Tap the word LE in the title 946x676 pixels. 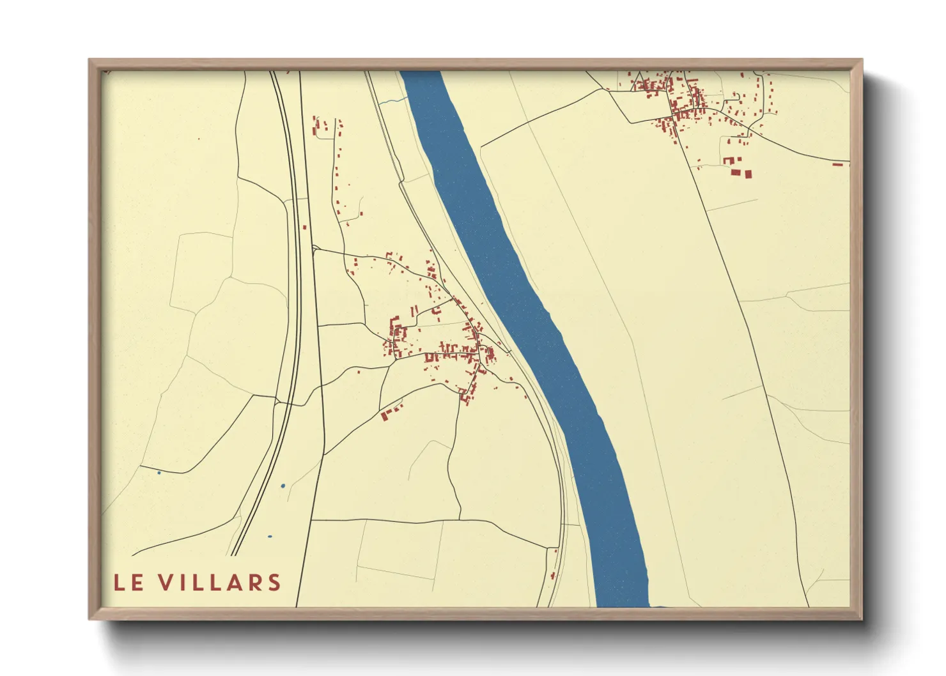coord(128,583)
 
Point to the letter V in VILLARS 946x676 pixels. coord(165,583)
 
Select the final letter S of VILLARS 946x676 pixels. coord(274,583)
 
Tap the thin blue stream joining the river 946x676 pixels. coord(392,101)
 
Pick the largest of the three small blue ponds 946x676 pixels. coord(283,486)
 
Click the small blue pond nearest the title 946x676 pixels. coord(269,537)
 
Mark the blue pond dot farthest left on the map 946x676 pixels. coord(159,473)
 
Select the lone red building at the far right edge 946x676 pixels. coord(838,164)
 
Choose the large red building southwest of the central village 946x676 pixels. coord(385,416)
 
